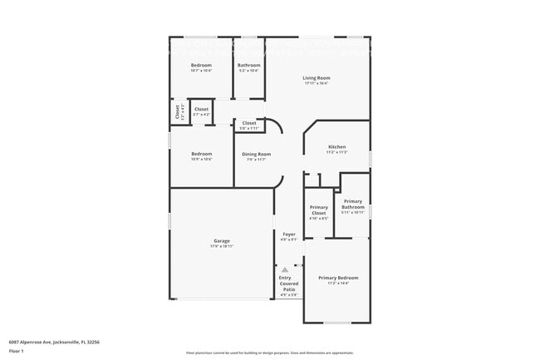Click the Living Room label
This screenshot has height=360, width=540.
coord(316,77)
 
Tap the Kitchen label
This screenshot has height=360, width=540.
coord(336,147)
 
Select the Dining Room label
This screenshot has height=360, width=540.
coord(256,154)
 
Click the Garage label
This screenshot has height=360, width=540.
coord(222,241)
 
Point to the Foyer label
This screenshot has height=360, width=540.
coord(289,234)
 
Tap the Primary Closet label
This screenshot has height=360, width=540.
coord(318,210)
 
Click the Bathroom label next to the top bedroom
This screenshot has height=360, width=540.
coord(248,65)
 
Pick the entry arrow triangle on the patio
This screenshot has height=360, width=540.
coord(284,270)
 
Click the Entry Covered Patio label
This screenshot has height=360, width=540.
coord(288,284)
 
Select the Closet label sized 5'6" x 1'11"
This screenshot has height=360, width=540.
coord(249,123)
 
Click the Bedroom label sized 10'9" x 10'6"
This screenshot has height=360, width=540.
coord(202,154)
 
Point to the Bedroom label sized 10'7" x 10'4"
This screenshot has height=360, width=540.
coord(201,65)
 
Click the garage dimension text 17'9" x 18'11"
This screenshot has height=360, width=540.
coord(222,247)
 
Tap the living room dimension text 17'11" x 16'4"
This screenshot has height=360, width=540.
coord(316,83)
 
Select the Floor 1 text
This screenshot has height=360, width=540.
coord(17,351)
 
